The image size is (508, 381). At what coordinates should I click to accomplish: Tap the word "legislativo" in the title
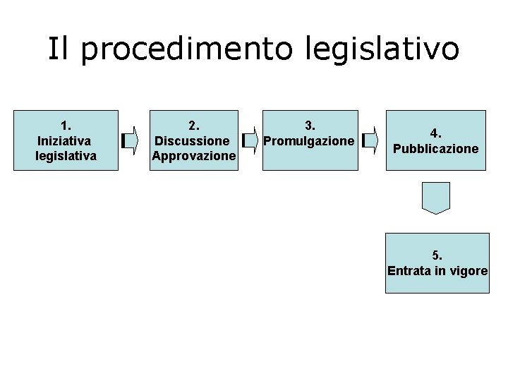(x=382, y=49)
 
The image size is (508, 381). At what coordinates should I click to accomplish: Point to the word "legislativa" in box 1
(x=66, y=155)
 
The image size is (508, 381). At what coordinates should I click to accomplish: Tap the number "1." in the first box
(x=66, y=126)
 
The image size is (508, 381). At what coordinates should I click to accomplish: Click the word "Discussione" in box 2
(x=192, y=140)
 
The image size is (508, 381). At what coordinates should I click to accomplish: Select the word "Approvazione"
(x=193, y=155)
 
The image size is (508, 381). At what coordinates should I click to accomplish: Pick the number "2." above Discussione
(x=193, y=126)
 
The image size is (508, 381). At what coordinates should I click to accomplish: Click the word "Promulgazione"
(x=309, y=140)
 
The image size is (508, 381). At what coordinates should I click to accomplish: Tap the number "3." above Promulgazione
(x=309, y=126)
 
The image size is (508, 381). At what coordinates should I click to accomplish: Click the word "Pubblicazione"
(x=436, y=148)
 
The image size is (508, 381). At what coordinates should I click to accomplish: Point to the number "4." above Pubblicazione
(x=436, y=133)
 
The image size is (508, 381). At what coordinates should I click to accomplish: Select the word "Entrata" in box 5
(x=409, y=270)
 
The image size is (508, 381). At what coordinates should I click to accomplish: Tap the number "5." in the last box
(x=437, y=255)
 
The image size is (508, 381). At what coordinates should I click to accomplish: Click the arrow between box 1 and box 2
(x=129, y=141)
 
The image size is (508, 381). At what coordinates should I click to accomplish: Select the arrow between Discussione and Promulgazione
(x=249, y=141)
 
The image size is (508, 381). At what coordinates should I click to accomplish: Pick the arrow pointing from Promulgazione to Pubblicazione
(x=369, y=141)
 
